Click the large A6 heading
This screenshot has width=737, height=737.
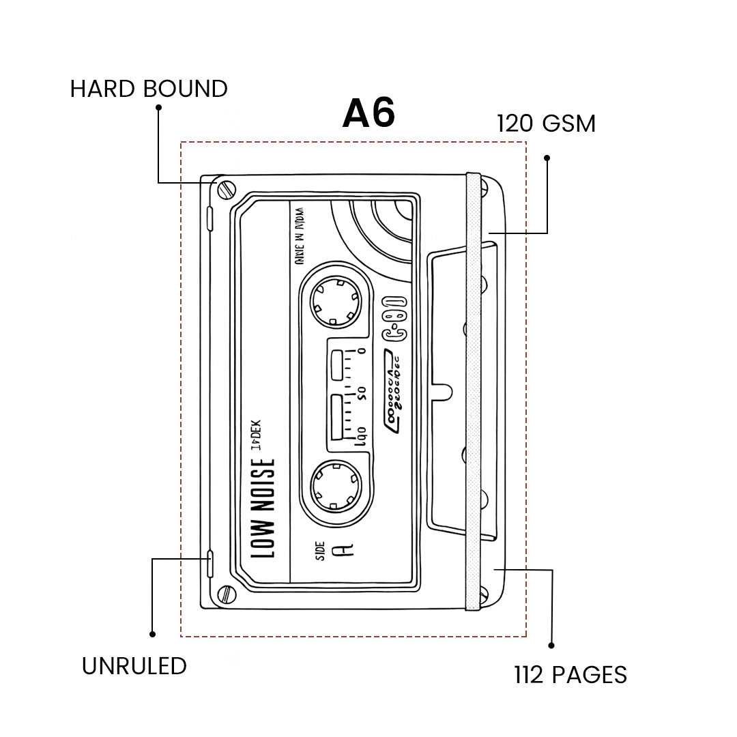[369, 114]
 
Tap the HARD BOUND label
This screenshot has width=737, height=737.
[149, 89]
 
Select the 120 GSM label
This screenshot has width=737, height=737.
[546, 124]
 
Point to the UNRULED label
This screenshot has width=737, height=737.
[134, 666]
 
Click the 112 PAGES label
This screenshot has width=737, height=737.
[570, 675]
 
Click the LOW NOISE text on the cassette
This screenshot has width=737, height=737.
[264, 506]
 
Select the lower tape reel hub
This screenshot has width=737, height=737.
[335, 485]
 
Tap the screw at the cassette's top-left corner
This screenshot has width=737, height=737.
[226, 189]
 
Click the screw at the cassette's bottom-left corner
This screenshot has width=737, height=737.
[226, 594]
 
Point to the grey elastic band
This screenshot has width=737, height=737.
[473, 389]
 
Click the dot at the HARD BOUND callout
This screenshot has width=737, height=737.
[158, 107]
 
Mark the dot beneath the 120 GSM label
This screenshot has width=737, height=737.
[547, 158]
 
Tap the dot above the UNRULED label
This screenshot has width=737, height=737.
[152, 634]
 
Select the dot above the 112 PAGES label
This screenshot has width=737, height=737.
[551, 645]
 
